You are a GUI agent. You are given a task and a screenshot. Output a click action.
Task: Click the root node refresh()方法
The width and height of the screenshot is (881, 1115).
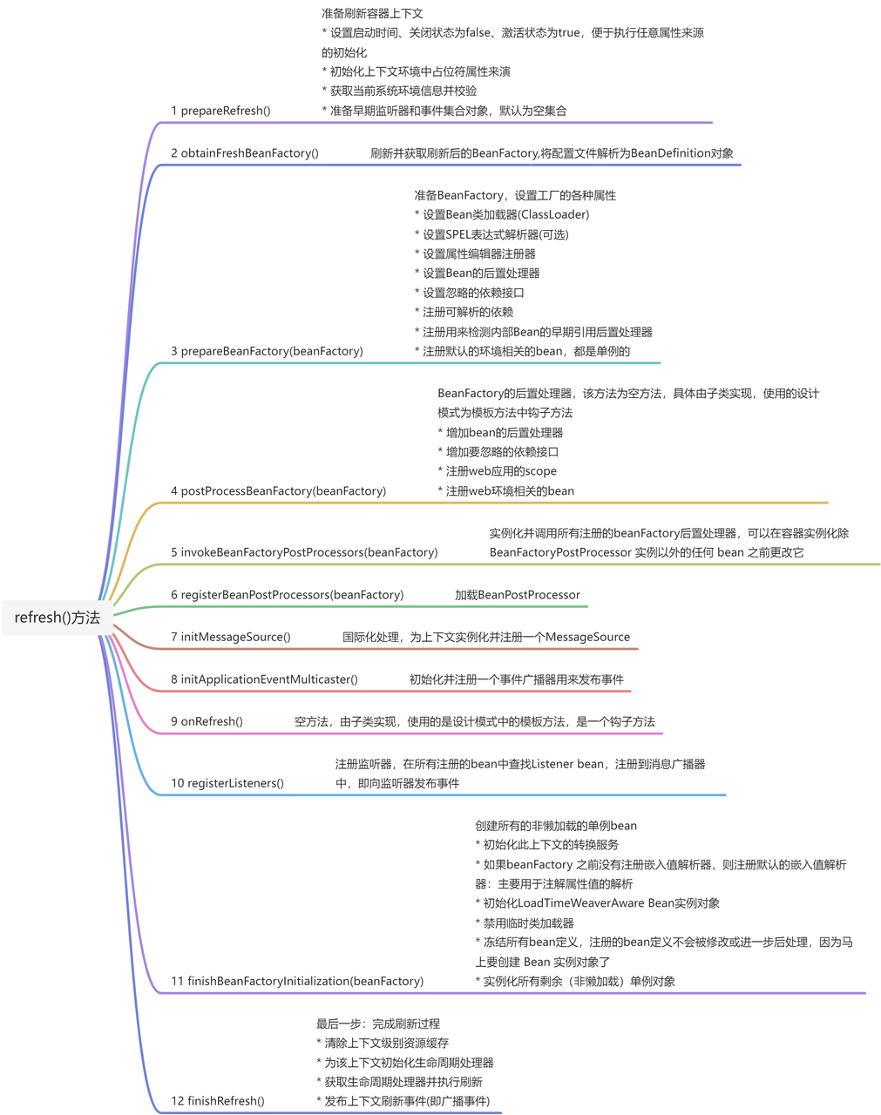58,618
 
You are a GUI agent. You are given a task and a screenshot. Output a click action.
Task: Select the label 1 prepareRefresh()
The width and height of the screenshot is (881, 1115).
220,111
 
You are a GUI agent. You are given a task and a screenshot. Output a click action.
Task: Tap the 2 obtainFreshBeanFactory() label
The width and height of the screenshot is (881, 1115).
244,153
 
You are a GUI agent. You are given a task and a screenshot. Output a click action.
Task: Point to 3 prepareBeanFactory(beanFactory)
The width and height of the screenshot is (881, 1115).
267,351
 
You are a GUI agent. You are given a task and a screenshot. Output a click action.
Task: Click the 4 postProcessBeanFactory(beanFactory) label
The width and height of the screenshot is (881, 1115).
278,491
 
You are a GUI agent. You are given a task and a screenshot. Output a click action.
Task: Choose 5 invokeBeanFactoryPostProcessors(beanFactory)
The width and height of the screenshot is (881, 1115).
304,552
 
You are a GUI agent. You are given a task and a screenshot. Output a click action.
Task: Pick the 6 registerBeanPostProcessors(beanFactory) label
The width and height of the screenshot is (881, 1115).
287,595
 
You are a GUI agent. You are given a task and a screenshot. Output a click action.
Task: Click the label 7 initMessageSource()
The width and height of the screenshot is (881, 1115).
230,637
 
